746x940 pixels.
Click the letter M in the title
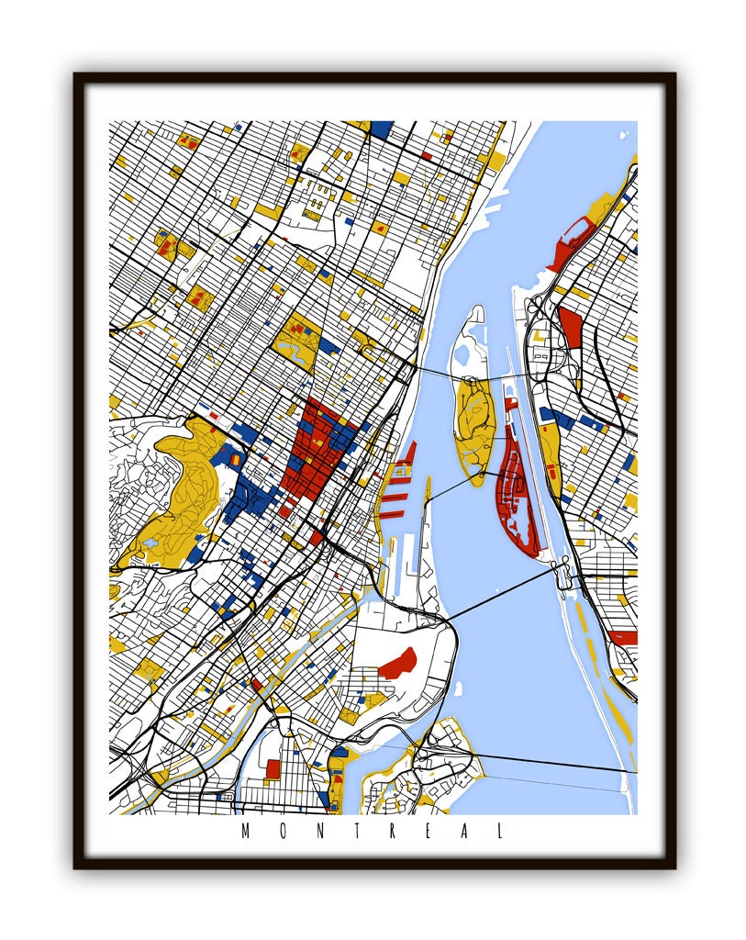pos(245,832)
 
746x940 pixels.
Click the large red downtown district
pos(317,450)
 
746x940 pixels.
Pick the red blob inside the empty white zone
pos(396,663)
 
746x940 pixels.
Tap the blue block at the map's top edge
pos(381,129)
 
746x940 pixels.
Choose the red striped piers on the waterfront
pos(402,477)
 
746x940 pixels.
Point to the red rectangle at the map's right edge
pos(623,637)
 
